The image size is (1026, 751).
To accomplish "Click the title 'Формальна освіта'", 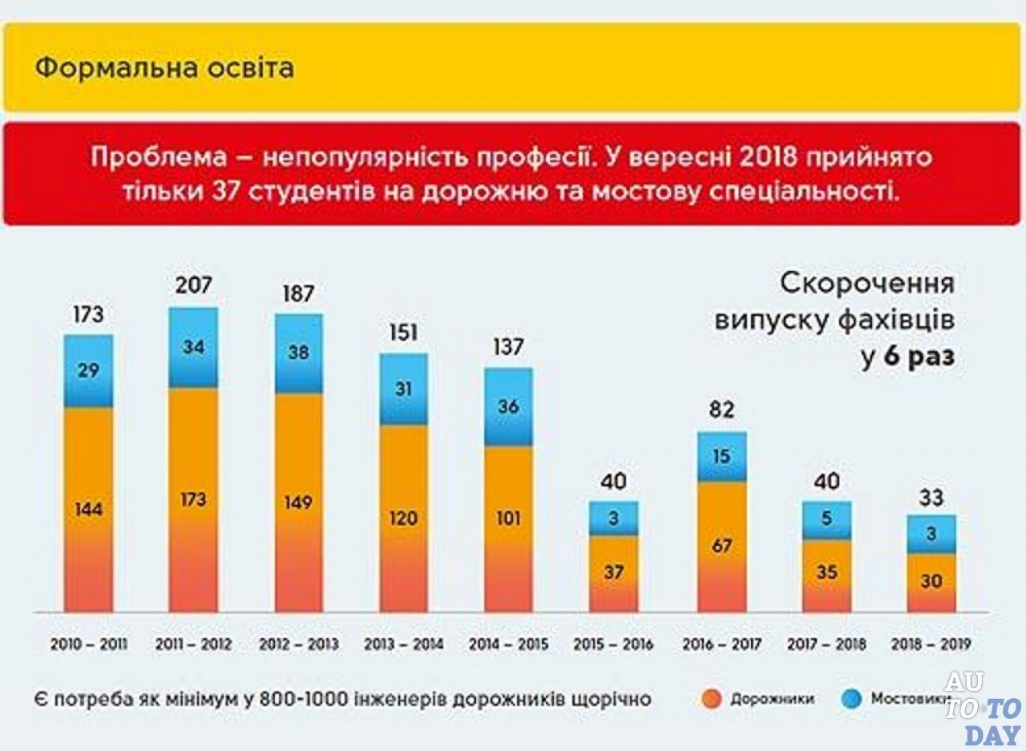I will (x=164, y=68).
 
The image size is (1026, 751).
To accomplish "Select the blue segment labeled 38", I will (x=298, y=353).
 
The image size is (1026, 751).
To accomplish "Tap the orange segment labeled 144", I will (x=89, y=510).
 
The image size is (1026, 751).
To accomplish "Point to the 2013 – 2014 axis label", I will (x=403, y=644).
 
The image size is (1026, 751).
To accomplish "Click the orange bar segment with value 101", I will (x=508, y=529).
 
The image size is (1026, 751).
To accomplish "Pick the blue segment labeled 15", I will (x=721, y=456).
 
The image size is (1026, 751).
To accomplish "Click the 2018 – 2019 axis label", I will (x=931, y=644).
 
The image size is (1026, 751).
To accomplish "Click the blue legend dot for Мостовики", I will (x=851, y=699).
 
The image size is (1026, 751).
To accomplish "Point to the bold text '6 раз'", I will (x=919, y=358).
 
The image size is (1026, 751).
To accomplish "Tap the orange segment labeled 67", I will (x=721, y=547).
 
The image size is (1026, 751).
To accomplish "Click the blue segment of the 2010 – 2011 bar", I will (x=89, y=371).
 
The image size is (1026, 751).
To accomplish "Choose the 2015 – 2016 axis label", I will (x=613, y=644).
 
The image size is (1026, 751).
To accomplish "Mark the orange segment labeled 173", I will (x=192, y=500).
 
